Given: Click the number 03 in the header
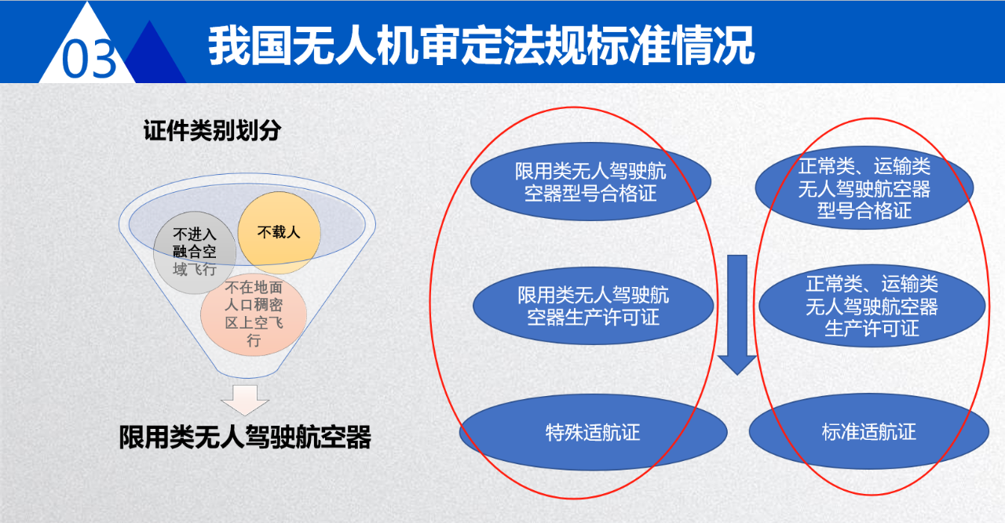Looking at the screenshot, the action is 89,59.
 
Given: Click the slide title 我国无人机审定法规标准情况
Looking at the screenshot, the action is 481,45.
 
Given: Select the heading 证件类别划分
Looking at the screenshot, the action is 212,130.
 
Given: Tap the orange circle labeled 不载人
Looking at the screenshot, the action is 279,233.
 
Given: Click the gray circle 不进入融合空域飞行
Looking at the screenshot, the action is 195,252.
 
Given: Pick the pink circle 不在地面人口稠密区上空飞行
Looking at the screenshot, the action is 254,314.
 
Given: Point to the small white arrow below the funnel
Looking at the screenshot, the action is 245,400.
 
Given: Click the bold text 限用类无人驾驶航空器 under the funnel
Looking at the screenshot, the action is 245,437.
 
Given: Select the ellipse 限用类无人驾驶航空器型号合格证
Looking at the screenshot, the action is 590,181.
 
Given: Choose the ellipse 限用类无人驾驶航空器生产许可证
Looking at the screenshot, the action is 593,306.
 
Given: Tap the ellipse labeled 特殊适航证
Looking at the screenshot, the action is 593,433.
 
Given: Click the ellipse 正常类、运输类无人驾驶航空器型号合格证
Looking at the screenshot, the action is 864,187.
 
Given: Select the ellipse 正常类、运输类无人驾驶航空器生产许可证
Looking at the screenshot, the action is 872,306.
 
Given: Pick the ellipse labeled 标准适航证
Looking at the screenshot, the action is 869,431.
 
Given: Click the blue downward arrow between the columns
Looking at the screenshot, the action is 737,314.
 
